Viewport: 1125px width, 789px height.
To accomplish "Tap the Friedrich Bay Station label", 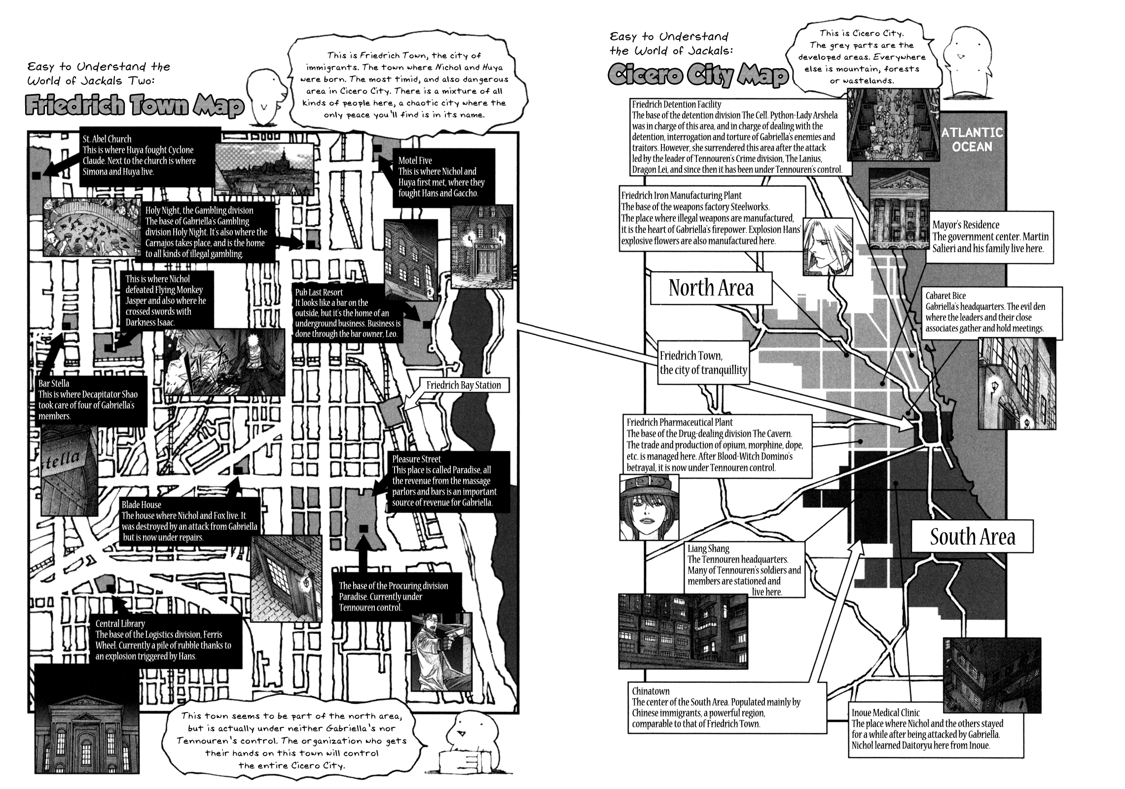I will click(x=463, y=386).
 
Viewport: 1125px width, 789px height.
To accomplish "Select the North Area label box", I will click(x=711, y=288).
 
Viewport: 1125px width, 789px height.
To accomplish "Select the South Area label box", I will click(x=972, y=537).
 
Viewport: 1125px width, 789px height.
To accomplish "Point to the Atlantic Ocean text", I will click(x=972, y=140).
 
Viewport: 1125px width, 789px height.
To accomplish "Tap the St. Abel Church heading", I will click(x=107, y=139).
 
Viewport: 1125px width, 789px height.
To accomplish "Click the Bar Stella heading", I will click(x=54, y=383).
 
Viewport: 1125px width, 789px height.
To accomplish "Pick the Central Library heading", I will click(x=120, y=624).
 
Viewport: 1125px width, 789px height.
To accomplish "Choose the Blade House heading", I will click(x=142, y=504).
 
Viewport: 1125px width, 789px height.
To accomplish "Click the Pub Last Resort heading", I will click(x=319, y=292).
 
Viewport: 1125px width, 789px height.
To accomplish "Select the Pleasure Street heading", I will click(x=417, y=459).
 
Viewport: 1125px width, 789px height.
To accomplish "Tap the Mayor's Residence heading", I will click(x=966, y=225).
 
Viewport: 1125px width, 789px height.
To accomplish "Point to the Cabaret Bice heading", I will click(x=945, y=296).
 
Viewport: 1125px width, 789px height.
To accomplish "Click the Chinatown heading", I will click(x=651, y=691).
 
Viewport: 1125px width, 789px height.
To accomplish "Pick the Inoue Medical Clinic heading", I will click(x=886, y=713).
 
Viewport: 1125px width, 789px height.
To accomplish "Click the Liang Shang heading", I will click(x=708, y=548).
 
